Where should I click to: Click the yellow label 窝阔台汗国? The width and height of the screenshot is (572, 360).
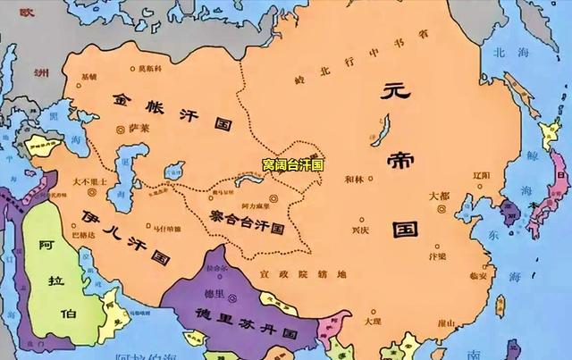click(292, 165)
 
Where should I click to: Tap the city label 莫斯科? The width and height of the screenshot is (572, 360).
click(148, 68)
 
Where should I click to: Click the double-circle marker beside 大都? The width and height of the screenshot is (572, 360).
click(444, 209)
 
